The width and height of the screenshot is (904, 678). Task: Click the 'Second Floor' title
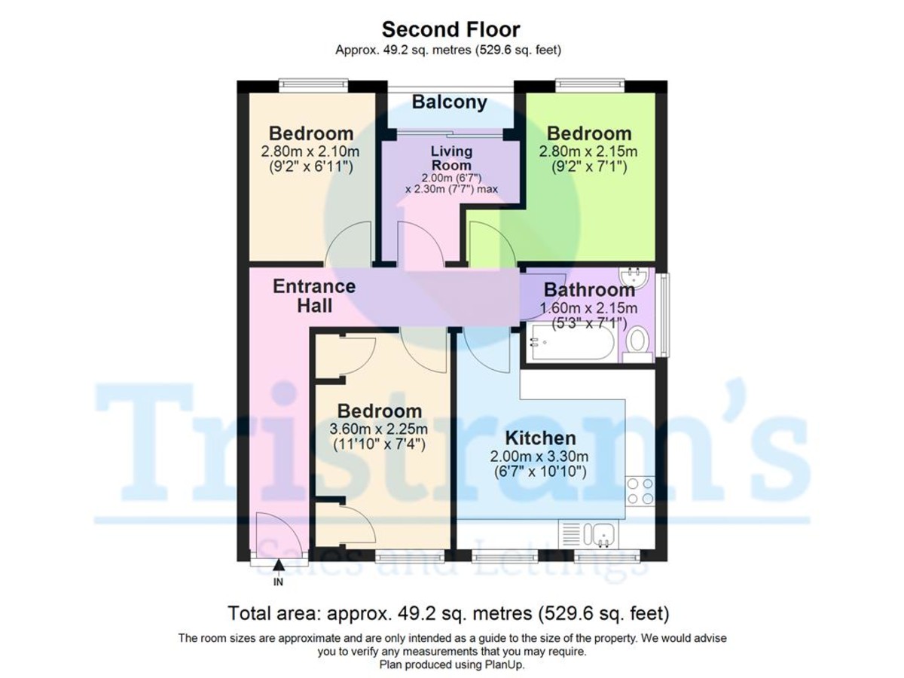point(450,29)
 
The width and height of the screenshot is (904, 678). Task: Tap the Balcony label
point(449,102)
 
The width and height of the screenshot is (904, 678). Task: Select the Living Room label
point(451,158)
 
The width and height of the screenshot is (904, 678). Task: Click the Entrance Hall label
point(314,296)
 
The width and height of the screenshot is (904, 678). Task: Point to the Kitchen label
point(540,438)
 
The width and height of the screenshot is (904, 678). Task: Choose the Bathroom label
point(589,289)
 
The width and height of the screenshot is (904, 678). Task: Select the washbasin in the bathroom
point(636,276)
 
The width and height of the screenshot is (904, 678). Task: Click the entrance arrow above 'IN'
point(278,565)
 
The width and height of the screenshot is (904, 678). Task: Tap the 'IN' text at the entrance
point(278,582)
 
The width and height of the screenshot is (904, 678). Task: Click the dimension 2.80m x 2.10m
point(311,151)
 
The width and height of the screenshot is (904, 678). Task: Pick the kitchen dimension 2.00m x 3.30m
point(539,456)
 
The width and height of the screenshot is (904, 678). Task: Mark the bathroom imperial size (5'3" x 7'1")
point(588,323)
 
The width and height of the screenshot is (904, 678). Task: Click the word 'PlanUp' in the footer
point(505,665)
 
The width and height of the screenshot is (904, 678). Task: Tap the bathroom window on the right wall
point(662,315)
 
